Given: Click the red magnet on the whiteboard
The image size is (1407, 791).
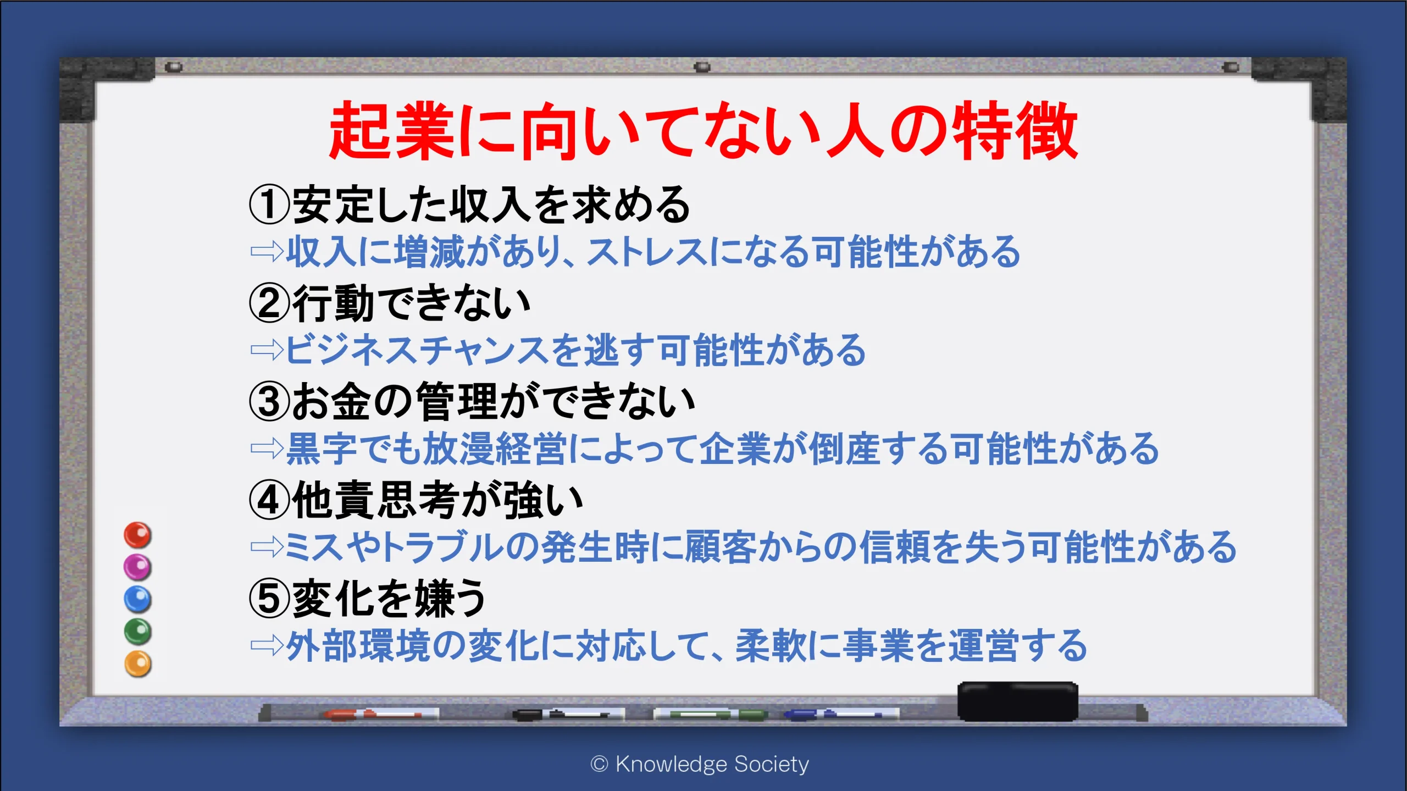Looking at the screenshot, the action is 137,535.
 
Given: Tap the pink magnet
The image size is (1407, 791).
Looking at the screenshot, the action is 137,567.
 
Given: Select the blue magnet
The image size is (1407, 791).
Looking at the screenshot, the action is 137,599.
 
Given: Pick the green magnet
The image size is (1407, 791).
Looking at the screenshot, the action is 137,632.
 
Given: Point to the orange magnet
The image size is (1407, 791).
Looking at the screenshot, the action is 137,664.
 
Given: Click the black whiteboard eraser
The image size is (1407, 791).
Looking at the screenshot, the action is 1018,701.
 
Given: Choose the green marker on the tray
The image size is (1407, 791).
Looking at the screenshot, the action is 710,714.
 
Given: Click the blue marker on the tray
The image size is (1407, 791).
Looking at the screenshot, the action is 841,714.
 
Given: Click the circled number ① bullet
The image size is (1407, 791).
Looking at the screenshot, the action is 269,204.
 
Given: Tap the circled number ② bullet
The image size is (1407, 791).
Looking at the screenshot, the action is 269,303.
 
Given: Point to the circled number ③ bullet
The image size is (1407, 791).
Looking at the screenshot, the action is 269,401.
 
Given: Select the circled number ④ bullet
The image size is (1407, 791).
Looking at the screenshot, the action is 269,500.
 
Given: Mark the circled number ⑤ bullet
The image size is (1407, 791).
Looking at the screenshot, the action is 269,598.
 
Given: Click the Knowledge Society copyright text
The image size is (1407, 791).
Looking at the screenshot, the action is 700,764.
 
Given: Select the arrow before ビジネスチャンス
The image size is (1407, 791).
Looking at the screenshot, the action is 267,350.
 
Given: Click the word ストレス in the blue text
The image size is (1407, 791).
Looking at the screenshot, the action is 647,252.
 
